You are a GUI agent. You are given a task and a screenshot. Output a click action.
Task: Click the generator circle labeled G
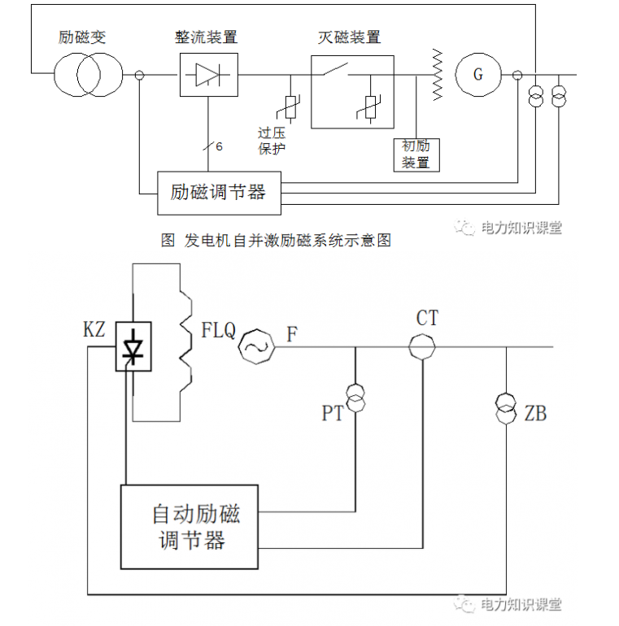coord(478,76)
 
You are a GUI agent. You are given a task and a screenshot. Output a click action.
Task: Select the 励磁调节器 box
coord(219,193)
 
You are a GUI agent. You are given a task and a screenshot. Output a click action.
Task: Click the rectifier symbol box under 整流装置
coord(207,76)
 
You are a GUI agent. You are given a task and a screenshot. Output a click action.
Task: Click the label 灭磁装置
coord(349,37)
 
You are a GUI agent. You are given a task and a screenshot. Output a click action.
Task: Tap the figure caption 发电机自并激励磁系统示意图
coord(277,241)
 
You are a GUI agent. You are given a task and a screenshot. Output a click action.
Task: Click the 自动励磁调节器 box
coord(190,527)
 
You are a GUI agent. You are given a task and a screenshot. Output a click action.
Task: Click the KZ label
coord(95,329)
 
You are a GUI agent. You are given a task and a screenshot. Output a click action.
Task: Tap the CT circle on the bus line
coord(423,347)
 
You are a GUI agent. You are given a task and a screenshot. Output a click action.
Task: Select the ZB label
coord(535,414)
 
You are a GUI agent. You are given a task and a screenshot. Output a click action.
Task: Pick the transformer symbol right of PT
coord(355,396)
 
